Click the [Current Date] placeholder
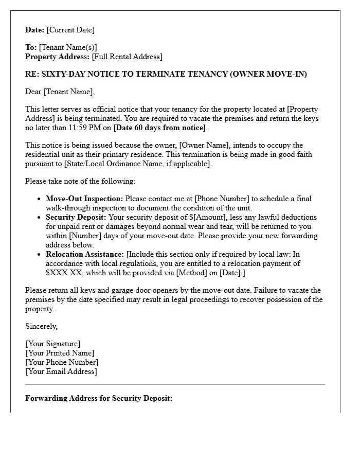70,30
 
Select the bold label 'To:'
31,47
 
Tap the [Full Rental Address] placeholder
127,57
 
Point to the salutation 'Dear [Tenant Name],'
60,92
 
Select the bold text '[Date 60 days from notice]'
160,128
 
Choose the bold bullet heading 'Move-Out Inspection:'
84,199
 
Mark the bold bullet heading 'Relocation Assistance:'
85,254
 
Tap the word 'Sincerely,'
42,326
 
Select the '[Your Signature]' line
52,344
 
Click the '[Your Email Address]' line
61,371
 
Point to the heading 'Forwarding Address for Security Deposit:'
99,398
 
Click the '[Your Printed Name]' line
60,353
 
